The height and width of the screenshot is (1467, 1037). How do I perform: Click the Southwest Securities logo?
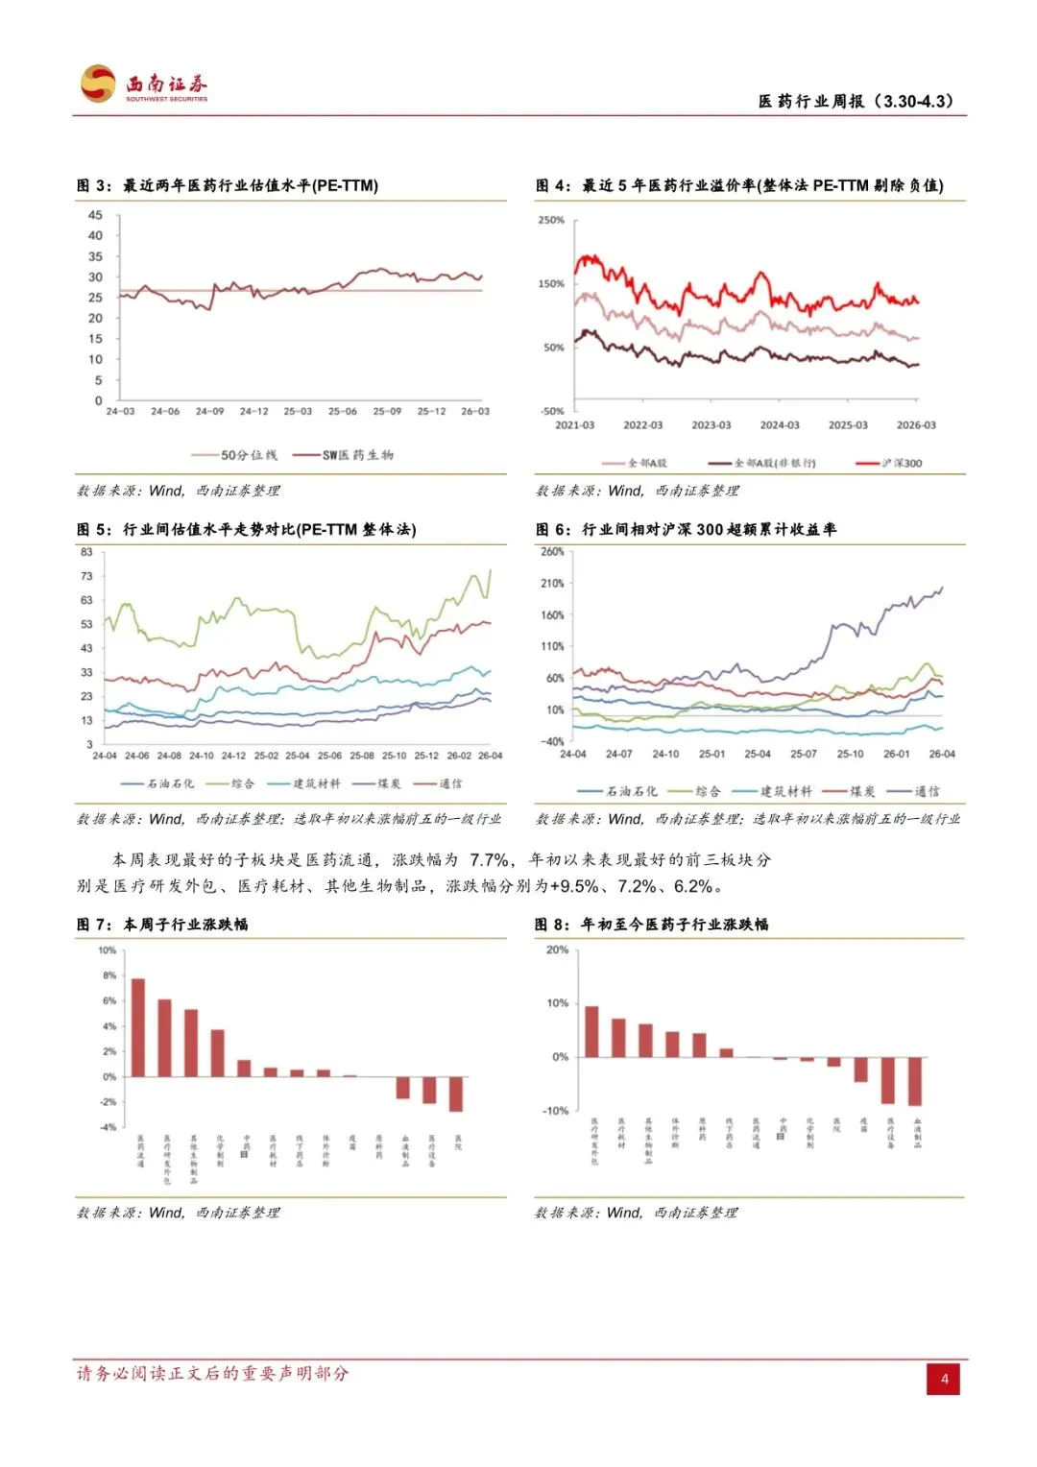(144, 84)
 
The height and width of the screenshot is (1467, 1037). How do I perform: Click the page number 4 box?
(944, 1379)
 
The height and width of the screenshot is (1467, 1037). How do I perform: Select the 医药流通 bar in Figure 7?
(138, 1027)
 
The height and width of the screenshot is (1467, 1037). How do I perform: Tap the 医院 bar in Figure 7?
(456, 1094)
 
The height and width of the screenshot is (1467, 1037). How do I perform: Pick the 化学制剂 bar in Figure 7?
(218, 1053)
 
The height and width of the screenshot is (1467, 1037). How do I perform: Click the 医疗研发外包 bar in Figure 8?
(591, 1031)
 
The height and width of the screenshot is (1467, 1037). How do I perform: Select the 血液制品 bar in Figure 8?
(915, 1081)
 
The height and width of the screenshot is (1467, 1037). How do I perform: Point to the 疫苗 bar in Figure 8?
(861, 1070)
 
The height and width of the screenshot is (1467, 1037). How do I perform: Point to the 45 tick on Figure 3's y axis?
(95, 215)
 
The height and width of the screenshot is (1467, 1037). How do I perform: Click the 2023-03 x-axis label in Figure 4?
(711, 424)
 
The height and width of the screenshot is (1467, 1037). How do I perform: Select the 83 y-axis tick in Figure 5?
(87, 552)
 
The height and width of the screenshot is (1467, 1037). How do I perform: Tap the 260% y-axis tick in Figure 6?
(553, 552)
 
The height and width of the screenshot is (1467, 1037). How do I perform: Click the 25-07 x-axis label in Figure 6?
(803, 754)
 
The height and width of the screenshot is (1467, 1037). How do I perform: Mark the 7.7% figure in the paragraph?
(490, 860)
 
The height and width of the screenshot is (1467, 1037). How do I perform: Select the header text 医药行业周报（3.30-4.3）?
(856, 101)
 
